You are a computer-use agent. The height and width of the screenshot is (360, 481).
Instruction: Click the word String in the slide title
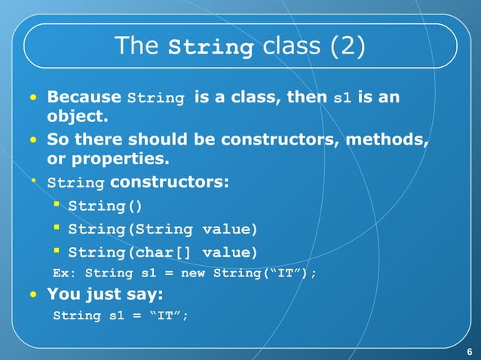pos(210,48)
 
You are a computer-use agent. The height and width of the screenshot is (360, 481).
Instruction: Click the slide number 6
pos(469,352)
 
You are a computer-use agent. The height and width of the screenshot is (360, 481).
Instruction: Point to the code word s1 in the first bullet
pos(342,98)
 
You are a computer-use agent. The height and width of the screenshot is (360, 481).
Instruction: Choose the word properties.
pos(124,160)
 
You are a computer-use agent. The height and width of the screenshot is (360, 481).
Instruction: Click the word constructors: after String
pos(170,182)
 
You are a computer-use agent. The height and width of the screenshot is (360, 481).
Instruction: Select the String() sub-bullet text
pos(104,206)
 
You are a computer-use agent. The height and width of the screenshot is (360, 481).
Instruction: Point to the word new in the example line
pos(195,273)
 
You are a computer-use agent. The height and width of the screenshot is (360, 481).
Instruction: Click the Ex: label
pos(63,273)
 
